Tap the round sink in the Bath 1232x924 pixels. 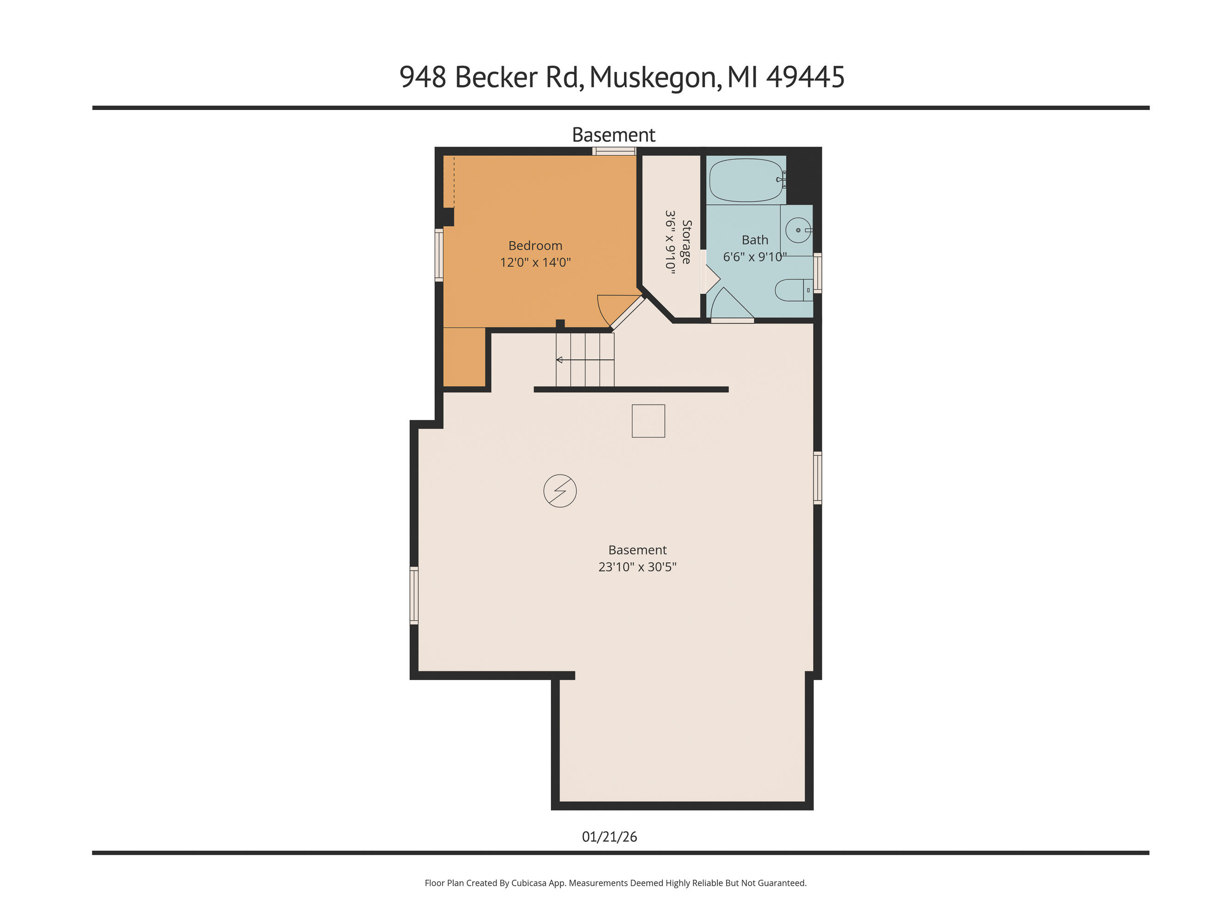coord(798,230)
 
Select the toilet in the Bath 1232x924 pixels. coord(791,290)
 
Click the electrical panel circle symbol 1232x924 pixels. coord(560,491)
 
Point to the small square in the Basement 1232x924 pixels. coord(648,421)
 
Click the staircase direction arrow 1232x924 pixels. coord(560,360)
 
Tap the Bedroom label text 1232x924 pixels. coord(535,246)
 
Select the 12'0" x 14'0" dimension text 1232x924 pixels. coord(535,262)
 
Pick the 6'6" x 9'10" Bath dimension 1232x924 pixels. coord(754,257)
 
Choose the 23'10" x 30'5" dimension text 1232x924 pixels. coord(637,567)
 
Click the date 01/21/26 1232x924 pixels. coord(609,837)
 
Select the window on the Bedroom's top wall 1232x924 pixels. coord(614,151)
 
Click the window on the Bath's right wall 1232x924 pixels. coord(818,273)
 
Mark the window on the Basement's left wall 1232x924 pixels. coord(414,595)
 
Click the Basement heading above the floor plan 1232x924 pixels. coord(614,135)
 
